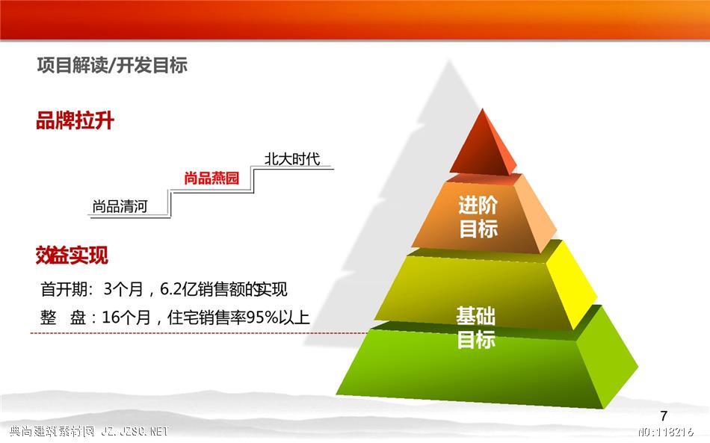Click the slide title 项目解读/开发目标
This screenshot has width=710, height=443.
112,66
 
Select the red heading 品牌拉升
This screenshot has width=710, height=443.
75,121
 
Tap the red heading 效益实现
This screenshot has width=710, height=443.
72,255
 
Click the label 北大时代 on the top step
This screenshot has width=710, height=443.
292,159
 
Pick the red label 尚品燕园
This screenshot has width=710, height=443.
212,179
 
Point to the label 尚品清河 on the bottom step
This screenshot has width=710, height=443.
120,206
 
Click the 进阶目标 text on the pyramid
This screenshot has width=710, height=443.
478,217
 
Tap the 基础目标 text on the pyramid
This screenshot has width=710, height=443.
476,328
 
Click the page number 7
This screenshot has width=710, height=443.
664,415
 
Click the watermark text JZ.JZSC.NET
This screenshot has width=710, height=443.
135,431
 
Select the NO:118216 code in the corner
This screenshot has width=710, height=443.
666,431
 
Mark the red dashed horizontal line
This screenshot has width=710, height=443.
200,333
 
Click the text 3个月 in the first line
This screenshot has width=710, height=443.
123,289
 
